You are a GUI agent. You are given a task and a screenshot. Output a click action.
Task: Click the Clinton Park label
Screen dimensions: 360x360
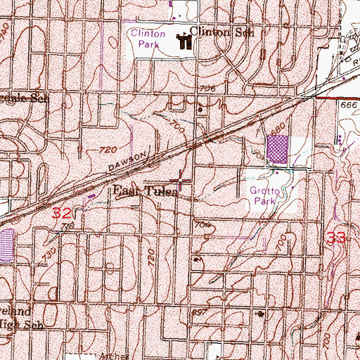pos(147,38)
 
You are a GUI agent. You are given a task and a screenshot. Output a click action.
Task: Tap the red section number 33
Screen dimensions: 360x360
pos(337,239)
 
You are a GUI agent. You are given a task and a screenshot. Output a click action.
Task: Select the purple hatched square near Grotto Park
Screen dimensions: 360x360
pos(278,148)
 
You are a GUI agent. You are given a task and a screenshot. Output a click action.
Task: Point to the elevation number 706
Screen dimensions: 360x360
pos(207,89)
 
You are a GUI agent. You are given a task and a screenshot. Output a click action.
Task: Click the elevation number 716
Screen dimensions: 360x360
pos(67,226)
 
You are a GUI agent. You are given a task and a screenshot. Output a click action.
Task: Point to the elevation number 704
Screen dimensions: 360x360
pos(205,225)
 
